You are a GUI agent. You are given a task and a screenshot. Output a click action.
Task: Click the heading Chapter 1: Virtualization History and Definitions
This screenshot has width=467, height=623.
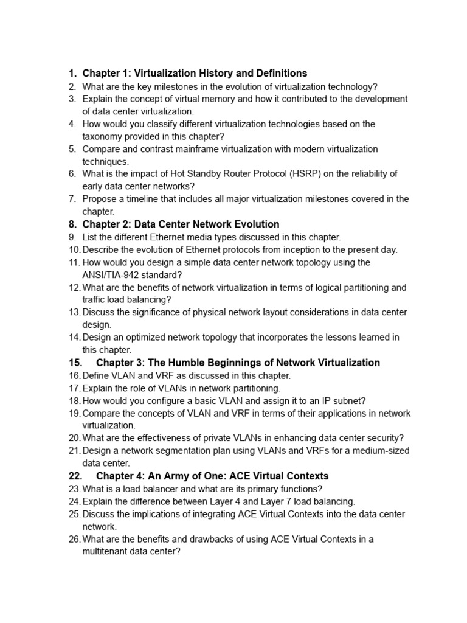point(195,74)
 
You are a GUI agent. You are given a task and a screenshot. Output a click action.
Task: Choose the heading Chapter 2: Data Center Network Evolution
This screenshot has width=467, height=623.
point(181,224)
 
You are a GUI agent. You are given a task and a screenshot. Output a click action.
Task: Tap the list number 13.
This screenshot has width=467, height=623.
point(74,313)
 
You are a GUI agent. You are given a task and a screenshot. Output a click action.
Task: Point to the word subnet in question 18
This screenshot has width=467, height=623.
point(349,401)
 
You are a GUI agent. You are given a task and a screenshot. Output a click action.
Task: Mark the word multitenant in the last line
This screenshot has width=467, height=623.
point(106,552)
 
